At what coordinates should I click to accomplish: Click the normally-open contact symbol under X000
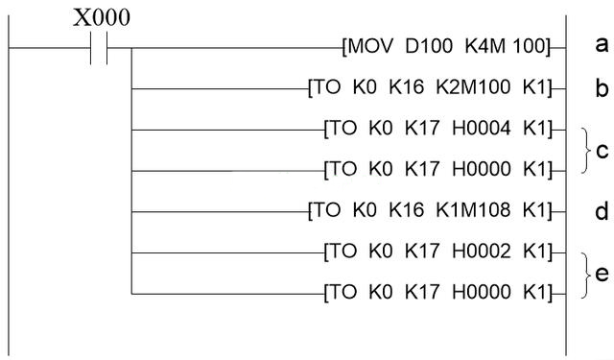[x=100, y=47]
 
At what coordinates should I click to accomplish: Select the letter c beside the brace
[x=602, y=151]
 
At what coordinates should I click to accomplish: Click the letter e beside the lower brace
[x=602, y=274]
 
